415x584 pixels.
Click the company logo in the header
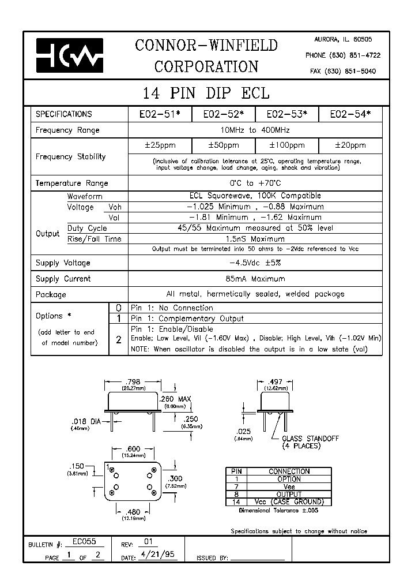tap(69, 55)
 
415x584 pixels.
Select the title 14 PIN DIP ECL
tap(206, 93)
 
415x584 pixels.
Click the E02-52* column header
tap(224, 114)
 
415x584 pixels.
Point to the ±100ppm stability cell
tap(287, 145)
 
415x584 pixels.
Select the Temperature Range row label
tap(71, 183)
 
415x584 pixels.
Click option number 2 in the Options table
tap(118, 339)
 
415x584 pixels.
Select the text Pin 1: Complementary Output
tap(187, 319)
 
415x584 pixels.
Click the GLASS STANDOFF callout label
tap(311, 439)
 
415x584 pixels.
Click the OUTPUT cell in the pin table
tap(289, 494)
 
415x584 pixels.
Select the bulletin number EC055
tap(84, 542)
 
